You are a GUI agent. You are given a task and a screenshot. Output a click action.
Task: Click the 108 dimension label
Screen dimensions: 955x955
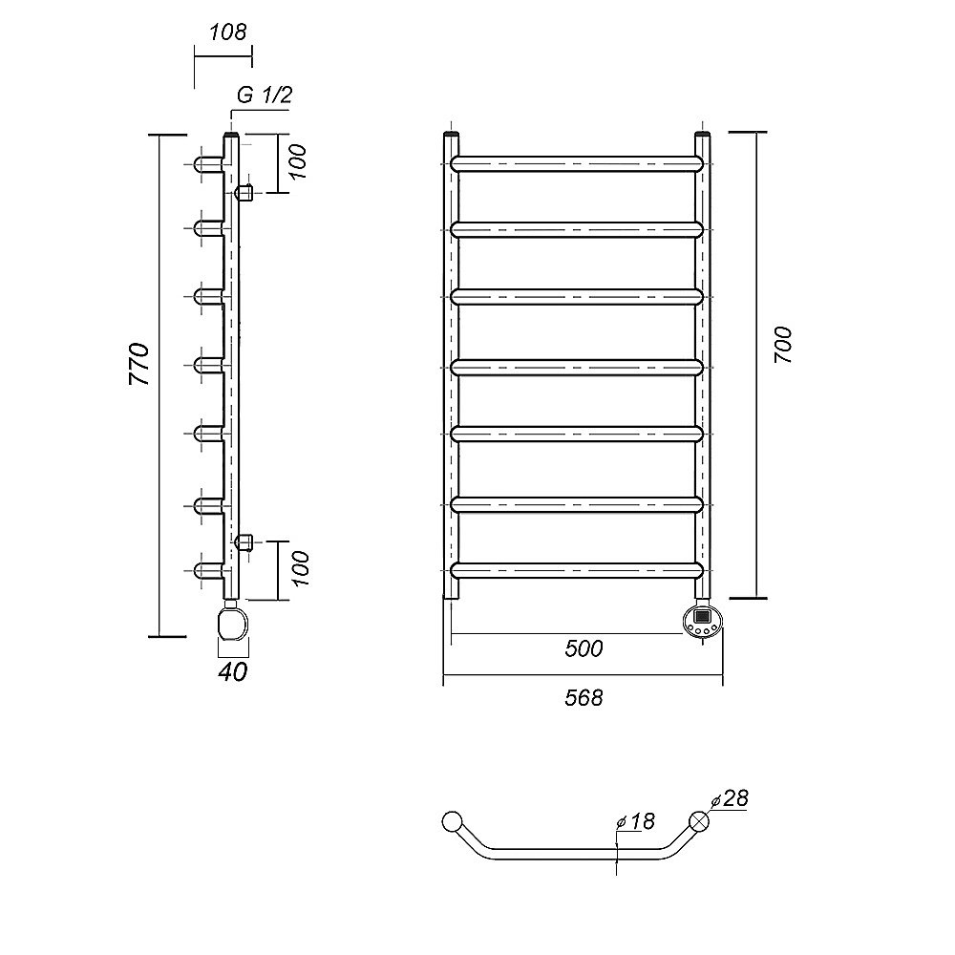pos(228,32)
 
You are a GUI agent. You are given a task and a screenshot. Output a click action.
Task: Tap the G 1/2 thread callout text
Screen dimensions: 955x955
pos(265,95)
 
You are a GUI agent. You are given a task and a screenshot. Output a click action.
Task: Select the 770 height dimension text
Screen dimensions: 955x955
pos(139,364)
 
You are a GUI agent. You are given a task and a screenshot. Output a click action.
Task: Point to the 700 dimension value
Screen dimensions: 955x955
pos(783,345)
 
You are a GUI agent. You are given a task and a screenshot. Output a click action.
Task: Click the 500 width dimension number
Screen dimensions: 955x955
pos(584,648)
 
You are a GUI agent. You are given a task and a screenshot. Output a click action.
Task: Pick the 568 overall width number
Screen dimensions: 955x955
pos(584,697)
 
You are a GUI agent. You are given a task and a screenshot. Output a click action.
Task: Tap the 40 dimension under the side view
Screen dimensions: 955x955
pos(233,671)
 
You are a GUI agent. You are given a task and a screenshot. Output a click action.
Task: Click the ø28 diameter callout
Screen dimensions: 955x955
pos(730,798)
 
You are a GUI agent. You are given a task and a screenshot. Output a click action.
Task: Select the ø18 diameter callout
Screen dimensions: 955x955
pos(636,821)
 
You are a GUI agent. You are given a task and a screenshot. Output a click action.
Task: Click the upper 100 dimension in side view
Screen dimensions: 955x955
pos(297,162)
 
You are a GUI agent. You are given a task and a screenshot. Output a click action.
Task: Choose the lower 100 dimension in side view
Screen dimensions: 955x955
pos(300,568)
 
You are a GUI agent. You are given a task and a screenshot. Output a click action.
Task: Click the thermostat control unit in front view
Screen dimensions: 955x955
pos(702,620)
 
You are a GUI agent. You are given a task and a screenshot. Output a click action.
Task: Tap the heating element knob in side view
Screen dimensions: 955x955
pos(233,623)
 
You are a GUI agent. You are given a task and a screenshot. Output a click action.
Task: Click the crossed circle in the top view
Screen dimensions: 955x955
pos(699,821)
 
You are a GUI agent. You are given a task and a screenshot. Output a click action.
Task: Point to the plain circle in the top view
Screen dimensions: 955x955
pos(452,821)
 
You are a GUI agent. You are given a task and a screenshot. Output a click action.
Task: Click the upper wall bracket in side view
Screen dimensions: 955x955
pos(244,193)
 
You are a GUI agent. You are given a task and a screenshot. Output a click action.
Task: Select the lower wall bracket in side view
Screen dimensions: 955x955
pos(244,541)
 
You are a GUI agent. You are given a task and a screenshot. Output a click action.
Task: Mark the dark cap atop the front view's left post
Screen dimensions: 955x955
pos(451,134)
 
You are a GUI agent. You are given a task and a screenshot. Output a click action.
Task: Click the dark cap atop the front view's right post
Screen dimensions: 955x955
pos(702,134)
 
